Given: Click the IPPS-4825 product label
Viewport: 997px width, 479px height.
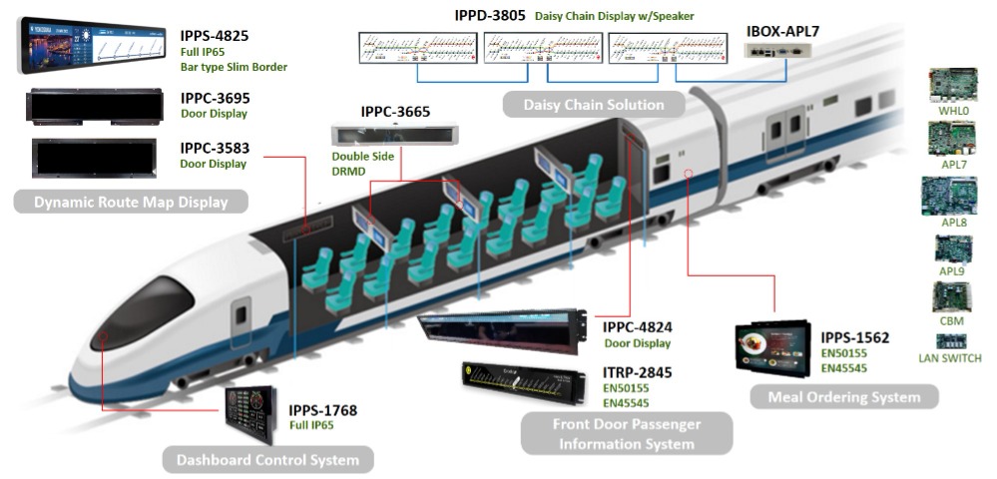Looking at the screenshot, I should (x=215, y=36).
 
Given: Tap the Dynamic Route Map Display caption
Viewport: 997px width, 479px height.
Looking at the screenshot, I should (x=130, y=203).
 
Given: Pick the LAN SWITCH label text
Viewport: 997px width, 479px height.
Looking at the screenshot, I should (x=949, y=358).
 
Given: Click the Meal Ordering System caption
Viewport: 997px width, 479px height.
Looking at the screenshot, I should (x=843, y=397).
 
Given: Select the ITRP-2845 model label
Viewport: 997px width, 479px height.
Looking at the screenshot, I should (x=637, y=372).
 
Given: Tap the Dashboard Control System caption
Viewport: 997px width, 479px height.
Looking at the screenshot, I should (x=267, y=460).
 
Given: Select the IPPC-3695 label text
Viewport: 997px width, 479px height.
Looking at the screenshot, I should (x=215, y=99).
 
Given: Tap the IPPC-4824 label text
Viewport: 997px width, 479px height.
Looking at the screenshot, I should (x=637, y=326).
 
